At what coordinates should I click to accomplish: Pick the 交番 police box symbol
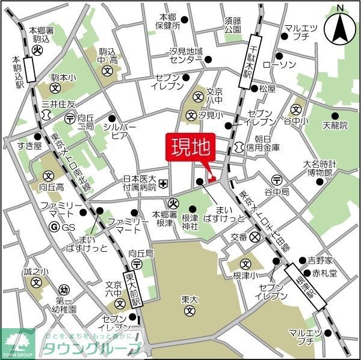[255, 237]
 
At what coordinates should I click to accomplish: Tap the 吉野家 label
[319, 261]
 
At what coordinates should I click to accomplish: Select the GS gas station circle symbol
[54, 227]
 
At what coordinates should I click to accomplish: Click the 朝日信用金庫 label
[262, 142]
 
